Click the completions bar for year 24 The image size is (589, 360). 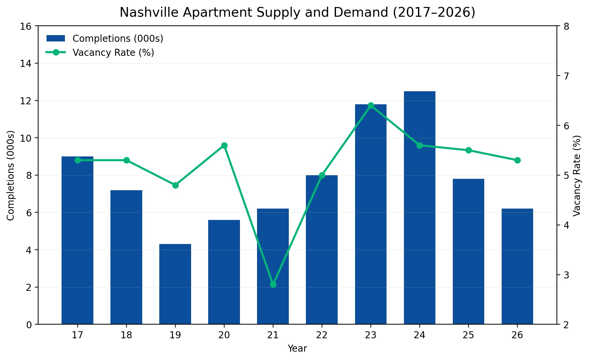(x=419, y=207)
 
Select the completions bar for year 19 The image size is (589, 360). (x=175, y=284)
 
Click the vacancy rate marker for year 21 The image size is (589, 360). (x=273, y=284)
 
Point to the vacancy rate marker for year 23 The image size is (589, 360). (x=371, y=106)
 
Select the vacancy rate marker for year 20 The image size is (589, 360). (x=224, y=145)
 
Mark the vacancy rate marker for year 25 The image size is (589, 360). (x=469, y=150)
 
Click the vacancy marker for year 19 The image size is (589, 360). (x=175, y=185)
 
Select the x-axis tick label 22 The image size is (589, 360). (x=322, y=335)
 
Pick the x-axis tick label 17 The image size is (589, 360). (x=78, y=335)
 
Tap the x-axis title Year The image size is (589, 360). (x=297, y=349)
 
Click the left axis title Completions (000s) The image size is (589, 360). (x=11, y=175)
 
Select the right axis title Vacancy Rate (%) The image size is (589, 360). (x=577, y=175)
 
